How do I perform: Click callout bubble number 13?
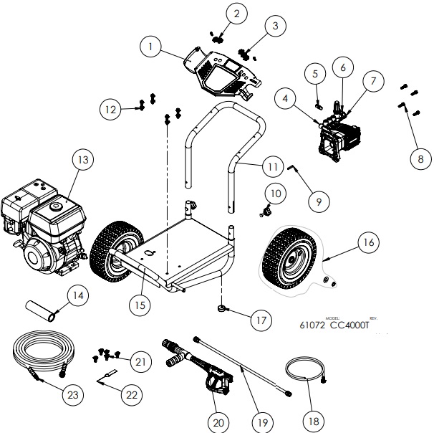[x=83, y=160]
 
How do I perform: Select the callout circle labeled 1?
[x=150, y=47]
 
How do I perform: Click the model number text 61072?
[x=312, y=324]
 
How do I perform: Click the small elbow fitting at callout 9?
[x=295, y=168]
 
